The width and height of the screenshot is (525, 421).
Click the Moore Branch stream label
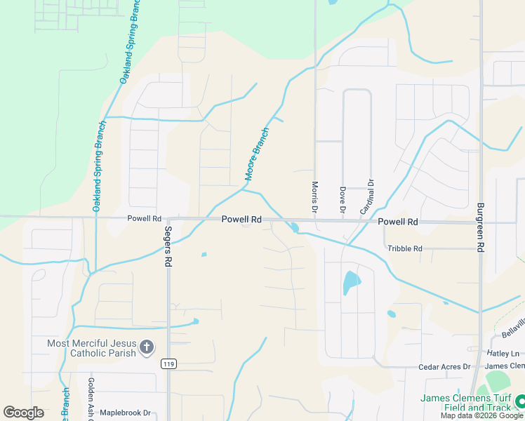(x=256, y=154)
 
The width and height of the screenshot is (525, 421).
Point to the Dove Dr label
(x=343, y=199)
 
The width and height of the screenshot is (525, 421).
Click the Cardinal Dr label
(x=367, y=197)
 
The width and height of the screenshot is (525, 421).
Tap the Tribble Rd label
(x=405, y=248)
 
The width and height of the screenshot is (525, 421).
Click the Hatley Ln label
(x=505, y=353)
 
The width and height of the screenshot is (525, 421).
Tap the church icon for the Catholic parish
(x=146, y=347)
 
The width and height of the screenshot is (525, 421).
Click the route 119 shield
(x=168, y=363)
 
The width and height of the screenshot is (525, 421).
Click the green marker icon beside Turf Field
(x=520, y=401)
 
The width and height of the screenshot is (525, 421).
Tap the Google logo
(x=23, y=413)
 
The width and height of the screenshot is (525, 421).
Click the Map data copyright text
(x=481, y=415)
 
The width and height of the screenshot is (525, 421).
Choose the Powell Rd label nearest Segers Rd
(x=145, y=218)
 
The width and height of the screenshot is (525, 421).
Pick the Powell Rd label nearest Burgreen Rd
(x=398, y=222)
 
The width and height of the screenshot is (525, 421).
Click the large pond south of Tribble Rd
(x=350, y=283)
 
